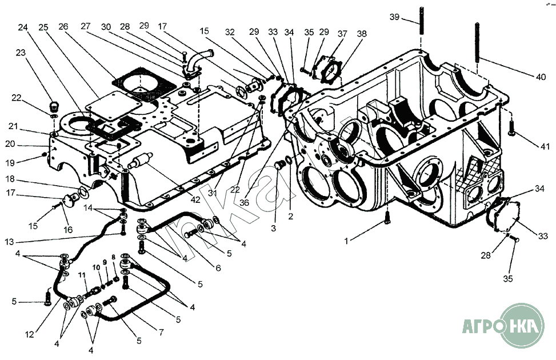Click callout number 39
(x=394, y=18)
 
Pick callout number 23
(x=21, y=52)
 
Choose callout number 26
(x=63, y=27)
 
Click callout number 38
(x=361, y=34)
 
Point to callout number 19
(x=11, y=162)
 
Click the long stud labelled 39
(x=421, y=23)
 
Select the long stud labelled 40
(x=476, y=43)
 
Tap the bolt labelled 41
(x=511, y=126)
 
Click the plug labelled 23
(x=54, y=106)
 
